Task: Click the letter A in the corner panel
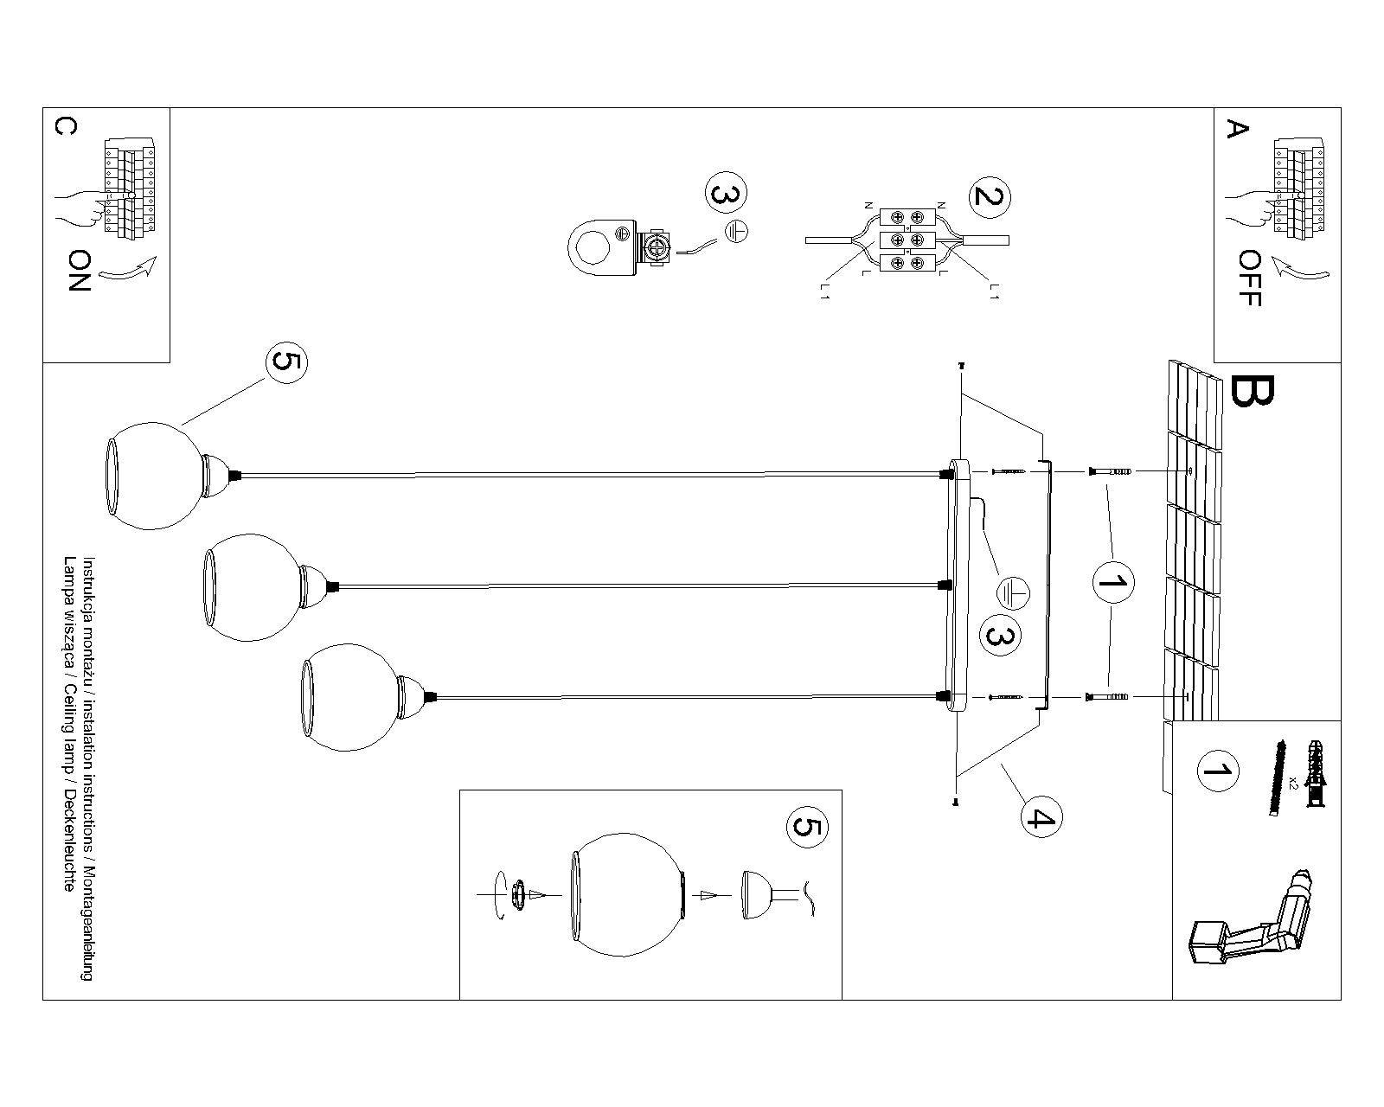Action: pyautogui.click(x=1238, y=130)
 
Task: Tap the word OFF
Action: pyautogui.click(x=1249, y=278)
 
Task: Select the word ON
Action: pyautogui.click(x=79, y=271)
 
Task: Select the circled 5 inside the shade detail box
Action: pyautogui.click(x=805, y=828)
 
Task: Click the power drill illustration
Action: pyautogui.click(x=1254, y=925)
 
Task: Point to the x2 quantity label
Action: pyautogui.click(x=1292, y=781)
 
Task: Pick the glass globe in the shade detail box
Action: pyautogui.click(x=628, y=895)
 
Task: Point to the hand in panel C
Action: pyautogui.click(x=80, y=208)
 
